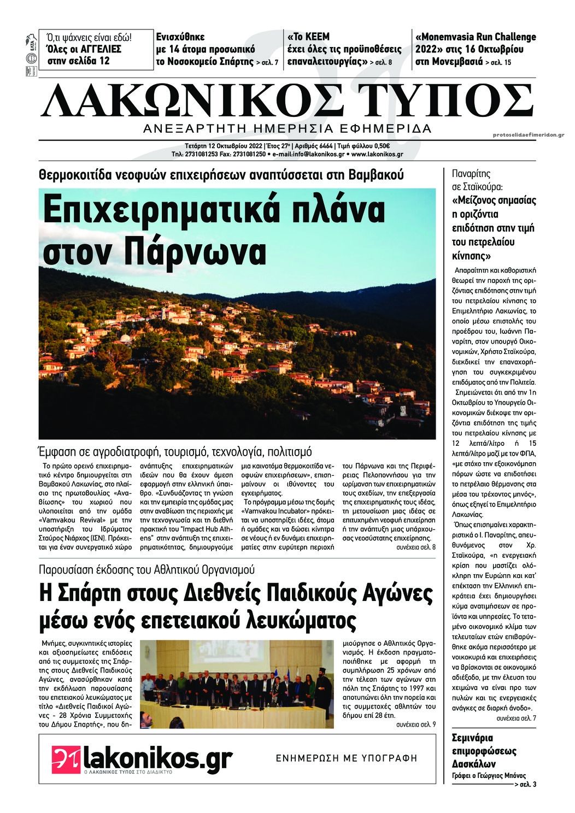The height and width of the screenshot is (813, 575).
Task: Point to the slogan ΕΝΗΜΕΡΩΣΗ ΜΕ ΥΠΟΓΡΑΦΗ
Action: coord(347,758)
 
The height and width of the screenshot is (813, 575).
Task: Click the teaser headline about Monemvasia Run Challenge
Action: coord(476,49)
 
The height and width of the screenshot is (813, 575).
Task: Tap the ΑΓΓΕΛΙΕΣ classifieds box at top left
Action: coord(90,49)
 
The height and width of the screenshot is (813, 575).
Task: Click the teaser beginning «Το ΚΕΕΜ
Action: coord(344,49)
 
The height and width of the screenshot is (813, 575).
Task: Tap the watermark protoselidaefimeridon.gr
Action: coord(528,134)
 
